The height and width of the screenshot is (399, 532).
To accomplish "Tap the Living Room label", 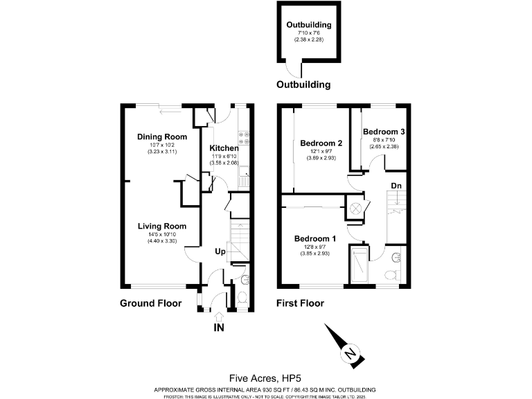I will [x=162, y=227].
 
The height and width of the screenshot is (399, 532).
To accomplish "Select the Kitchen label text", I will [x=224, y=148].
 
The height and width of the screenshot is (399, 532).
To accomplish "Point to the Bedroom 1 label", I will [x=315, y=239].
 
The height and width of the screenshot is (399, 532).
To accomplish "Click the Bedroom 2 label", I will [x=321, y=143].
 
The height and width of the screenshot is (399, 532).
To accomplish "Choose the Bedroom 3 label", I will [x=384, y=132].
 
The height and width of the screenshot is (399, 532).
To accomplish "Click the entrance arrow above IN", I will [x=219, y=315].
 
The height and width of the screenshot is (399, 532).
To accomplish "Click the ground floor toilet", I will [x=240, y=299].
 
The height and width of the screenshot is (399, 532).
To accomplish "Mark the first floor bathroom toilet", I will [x=392, y=275].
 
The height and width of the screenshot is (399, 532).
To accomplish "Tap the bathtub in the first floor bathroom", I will [x=359, y=264].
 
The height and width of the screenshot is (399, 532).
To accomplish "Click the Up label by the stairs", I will [x=220, y=251].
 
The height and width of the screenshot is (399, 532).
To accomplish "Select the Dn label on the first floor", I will [x=396, y=186].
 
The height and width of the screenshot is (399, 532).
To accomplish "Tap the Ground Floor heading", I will [x=150, y=303].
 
